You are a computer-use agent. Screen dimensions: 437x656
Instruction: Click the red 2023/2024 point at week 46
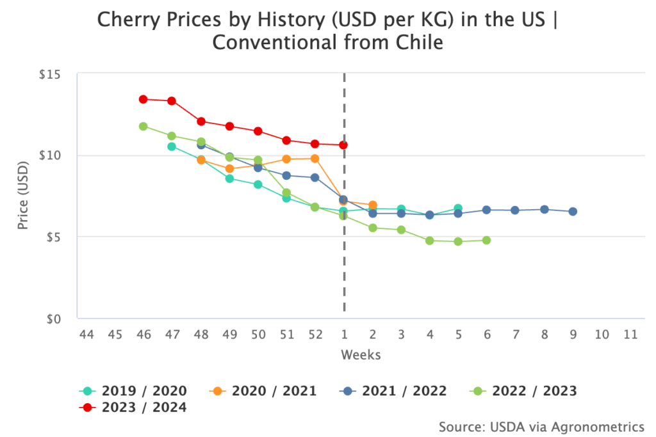(x=143, y=99)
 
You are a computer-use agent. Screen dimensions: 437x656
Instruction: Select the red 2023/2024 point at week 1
(x=343, y=145)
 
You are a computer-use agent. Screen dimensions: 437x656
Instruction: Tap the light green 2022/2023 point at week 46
(x=143, y=126)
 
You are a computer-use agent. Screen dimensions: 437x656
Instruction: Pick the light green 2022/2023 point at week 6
(x=486, y=240)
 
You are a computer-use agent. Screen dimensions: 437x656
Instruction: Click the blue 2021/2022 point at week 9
(x=573, y=211)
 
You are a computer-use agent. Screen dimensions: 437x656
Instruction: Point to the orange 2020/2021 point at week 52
(x=315, y=158)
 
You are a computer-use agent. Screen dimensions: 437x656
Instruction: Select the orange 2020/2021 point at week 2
(x=372, y=205)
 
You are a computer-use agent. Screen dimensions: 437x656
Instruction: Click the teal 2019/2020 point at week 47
(x=172, y=147)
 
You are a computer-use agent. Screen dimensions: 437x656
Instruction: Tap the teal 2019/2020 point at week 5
(x=458, y=208)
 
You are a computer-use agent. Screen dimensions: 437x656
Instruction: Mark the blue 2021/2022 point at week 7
(x=515, y=210)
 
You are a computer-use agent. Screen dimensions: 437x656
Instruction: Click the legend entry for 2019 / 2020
(x=133, y=390)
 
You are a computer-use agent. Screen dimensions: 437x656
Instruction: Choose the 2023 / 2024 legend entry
(x=133, y=407)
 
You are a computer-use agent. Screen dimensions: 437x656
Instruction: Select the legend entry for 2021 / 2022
(x=393, y=390)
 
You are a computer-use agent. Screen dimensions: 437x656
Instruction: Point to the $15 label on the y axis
(x=49, y=74)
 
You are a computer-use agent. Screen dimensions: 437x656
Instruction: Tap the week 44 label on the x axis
(x=86, y=334)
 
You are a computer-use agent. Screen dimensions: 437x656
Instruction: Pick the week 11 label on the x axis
(x=630, y=334)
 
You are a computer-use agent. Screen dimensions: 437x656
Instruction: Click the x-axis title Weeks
(x=360, y=354)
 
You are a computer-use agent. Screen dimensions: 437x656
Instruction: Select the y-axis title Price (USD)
(x=24, y=196)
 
